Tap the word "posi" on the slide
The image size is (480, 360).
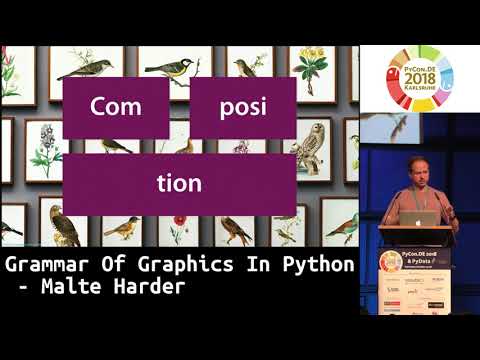coord(243,108)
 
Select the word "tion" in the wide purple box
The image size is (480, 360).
coord(179,183)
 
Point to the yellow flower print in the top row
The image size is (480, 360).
coord(311,70)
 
